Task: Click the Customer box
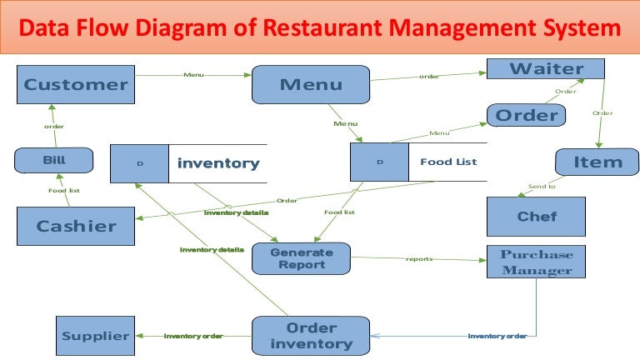[x=76, y=84]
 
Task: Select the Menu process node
[x=311, y=84]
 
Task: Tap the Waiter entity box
[x=546, y=68]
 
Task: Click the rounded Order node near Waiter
[x=526, y=115]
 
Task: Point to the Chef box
[x=537, y=217]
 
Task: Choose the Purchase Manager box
[x=536, y=262]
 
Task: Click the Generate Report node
[x=301, y=258]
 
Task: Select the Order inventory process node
[x=311, y=336]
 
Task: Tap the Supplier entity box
[x=95, y=337]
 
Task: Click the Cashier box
[x=76, y=226]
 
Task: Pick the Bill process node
[x=54, y=159]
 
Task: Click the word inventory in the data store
[x=218, y=163]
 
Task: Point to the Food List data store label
[x=447, y=162]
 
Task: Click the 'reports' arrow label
[x=419, y=258]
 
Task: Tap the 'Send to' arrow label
[x=542, y=186]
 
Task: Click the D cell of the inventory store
[x=140, y=163]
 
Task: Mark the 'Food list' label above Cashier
[x=63, y=191]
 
